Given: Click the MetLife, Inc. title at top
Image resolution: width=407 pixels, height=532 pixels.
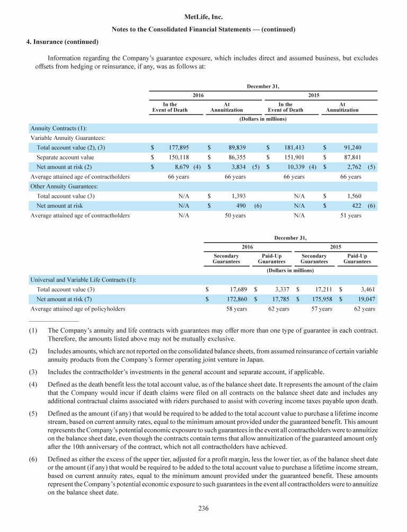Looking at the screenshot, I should pyautogui.click(x=203, y=17).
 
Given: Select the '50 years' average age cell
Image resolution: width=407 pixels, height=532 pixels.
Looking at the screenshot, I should pyautogui.click(x=235, y=215).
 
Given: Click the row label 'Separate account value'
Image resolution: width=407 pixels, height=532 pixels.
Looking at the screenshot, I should pyautogui.click(x=65, y=157).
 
